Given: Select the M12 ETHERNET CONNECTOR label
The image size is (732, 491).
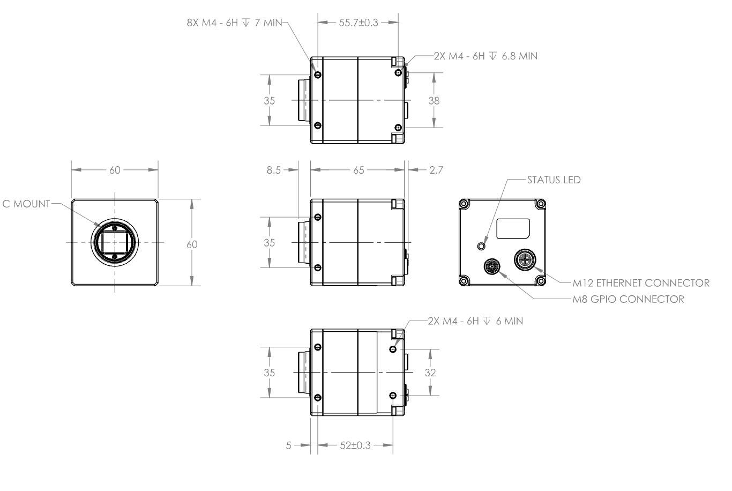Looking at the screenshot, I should coord(640,283).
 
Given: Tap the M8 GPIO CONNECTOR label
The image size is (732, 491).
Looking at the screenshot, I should coord(628,299).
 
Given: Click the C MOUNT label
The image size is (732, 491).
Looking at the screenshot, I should coord(26,204).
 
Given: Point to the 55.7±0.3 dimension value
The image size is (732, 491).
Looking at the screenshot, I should coord(358,23).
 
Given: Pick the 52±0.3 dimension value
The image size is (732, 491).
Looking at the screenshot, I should coord(355,445).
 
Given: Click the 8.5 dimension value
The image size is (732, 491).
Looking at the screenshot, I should coord(274,170).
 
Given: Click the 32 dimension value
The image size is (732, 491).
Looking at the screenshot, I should coord(430,373).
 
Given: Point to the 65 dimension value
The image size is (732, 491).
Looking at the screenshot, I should coord(358,170).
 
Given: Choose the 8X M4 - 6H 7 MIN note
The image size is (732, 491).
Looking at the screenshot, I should coord(234,24).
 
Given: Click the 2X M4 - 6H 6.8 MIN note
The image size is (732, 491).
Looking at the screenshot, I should coord(485,56).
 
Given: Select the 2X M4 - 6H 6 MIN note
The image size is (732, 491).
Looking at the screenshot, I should coord(475,321).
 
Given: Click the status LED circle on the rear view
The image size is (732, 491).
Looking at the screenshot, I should coord(481,246).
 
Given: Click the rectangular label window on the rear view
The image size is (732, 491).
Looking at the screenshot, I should coord(513,228).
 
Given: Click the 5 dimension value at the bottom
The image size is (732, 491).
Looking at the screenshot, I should coord(289,445).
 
